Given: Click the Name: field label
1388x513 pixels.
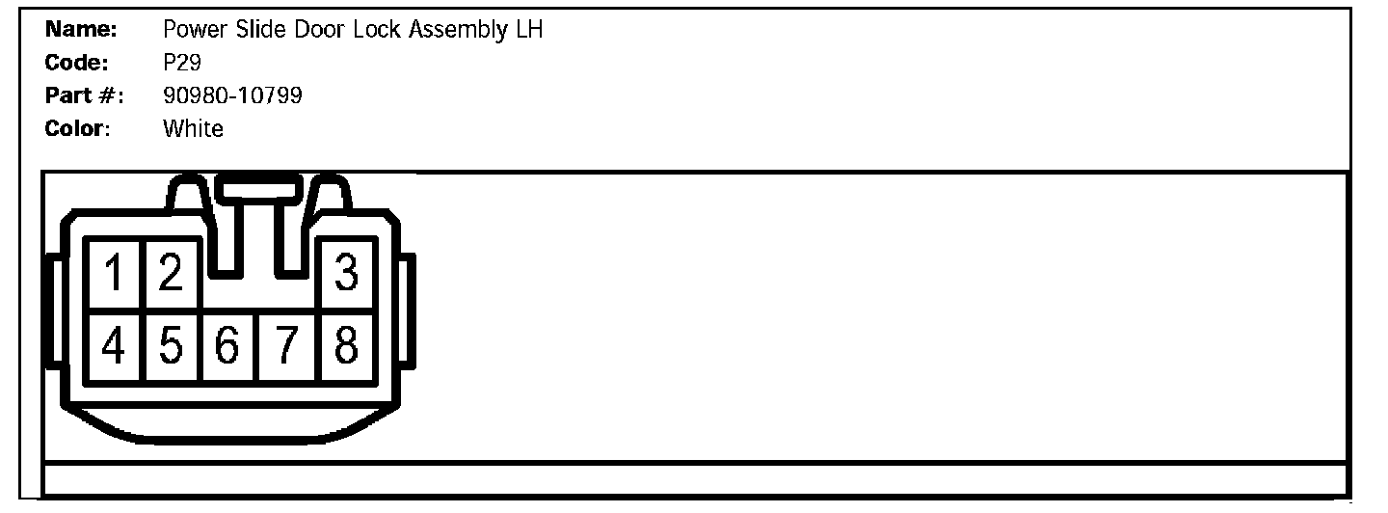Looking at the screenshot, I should (81, 30).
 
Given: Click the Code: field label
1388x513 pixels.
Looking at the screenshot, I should (77, 63).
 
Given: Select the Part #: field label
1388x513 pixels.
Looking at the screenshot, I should (85, 95).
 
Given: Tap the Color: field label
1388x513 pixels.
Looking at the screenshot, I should (78, 128).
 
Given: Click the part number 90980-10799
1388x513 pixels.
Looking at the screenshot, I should (232, 95).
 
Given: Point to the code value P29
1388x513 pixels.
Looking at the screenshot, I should (182, 63).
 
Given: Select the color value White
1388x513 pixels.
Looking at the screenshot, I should (193, 128).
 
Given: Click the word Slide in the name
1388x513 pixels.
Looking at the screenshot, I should (260, 30).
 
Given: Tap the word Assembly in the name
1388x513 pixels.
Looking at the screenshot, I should (456, 30).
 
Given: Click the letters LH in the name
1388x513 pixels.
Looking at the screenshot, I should (529, 30).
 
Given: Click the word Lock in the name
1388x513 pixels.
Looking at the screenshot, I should (376, 30).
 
